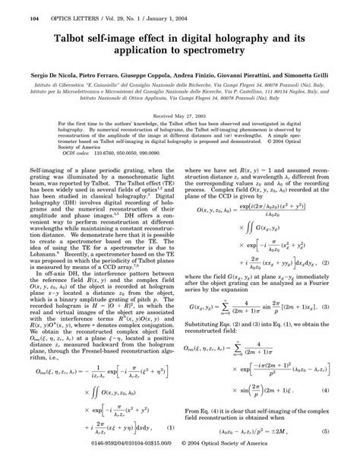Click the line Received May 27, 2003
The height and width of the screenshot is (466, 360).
point(179,114)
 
